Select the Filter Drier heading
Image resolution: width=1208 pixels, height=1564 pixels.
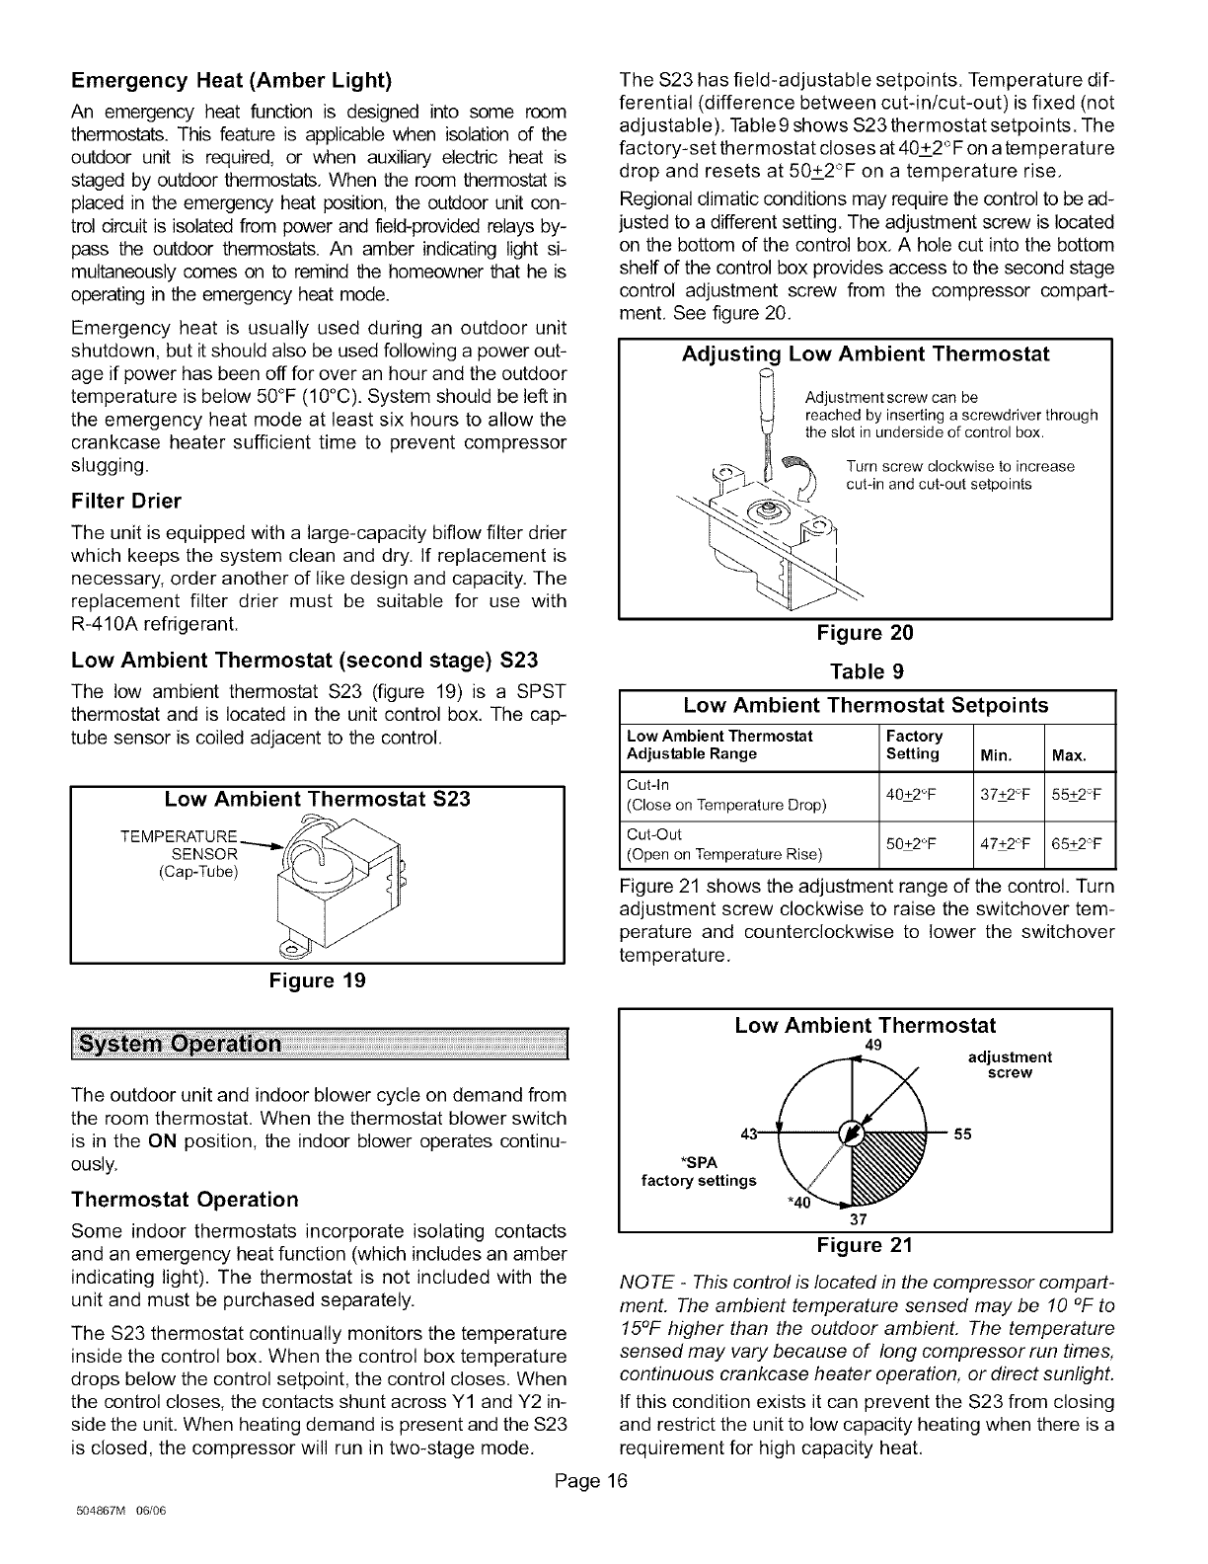[x=126, y=501]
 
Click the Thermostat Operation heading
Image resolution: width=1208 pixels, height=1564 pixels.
[x=185, y=1199]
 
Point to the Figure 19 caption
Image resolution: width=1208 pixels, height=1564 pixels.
[x=316, y=980]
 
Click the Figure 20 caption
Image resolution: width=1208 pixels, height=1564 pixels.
[x=865, y=633]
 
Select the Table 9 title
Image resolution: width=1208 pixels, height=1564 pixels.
[x=865, y=671]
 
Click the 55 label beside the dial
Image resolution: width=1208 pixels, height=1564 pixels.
[x=963, y=1134]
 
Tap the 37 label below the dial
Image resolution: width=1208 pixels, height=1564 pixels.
[x=858, y=1218]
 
